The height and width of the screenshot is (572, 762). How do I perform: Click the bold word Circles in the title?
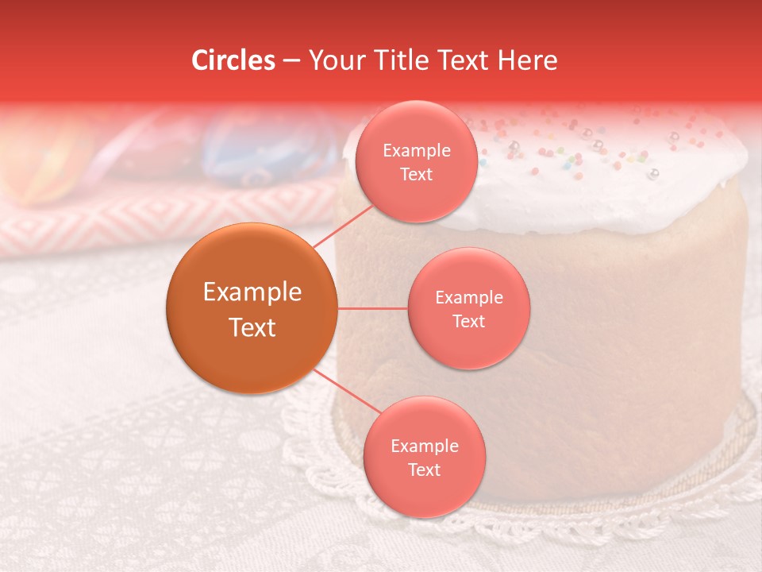[x=233, y=60]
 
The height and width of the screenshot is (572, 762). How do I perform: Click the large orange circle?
[x=252, y=308]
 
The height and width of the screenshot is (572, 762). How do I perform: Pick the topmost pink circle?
[x=417, y=161]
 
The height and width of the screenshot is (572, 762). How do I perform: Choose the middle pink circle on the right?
[x=468, y=308]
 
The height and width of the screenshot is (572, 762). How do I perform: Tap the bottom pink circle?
[x=424, y=458]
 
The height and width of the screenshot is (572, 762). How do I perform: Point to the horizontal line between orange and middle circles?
[x=373, y=308]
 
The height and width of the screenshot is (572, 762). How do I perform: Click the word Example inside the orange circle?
[x=252, y=292]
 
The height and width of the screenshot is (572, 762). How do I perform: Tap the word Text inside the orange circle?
[x=252, y=327]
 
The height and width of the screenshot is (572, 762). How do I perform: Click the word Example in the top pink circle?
[x=417, y=150]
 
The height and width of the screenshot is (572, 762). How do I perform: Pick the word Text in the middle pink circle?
[x=468, y=321]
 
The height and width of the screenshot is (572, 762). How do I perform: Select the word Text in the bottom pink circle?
[x=424, y=470]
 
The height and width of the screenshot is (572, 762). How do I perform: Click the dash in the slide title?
[x=291, y=61]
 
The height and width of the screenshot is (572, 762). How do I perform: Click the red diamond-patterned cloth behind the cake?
[x=159, y=222]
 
